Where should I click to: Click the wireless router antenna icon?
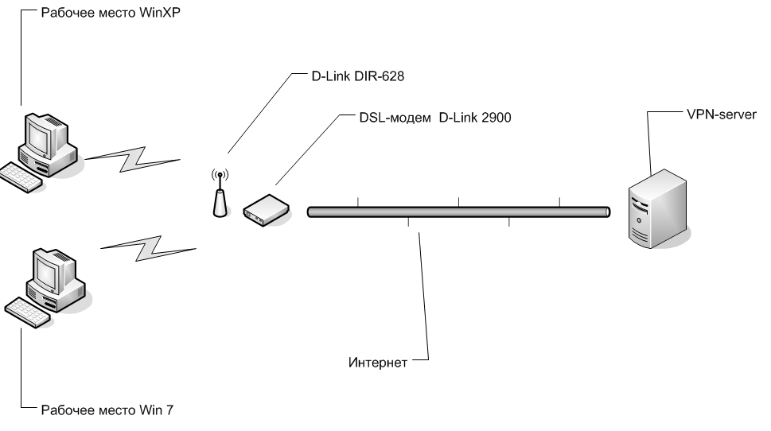click(x=219, y=196)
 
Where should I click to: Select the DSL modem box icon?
click(x=265, y=209)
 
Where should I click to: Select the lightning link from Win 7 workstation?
click(x=147, y=247)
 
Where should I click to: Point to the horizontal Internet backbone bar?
click(x=458, y=212)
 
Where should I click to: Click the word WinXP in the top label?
click(x=162, y=14)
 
